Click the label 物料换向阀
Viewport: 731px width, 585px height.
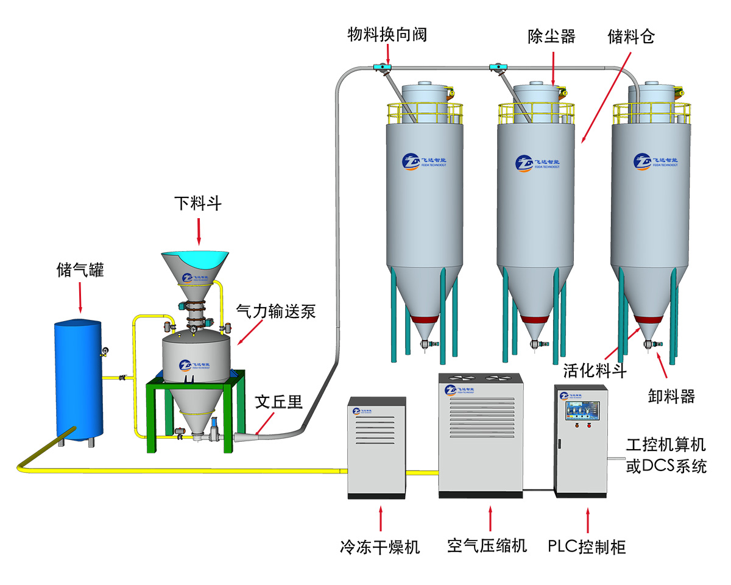(x=387, y=35)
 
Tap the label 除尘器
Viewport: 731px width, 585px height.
(x=551, y=37)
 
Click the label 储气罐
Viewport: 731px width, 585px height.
(x=80, y=269)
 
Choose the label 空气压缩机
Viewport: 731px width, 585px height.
(x=487, y=545)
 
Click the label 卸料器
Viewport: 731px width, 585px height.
(x=671, y=397)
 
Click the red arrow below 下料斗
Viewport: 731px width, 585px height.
(x=199, y=231)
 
